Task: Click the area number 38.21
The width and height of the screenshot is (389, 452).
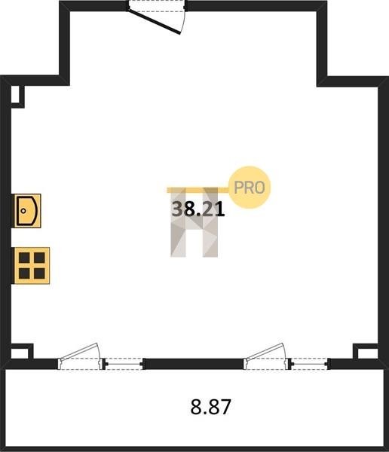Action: [x=198, y=209]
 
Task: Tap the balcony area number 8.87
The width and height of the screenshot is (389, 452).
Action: [x=210, y=407]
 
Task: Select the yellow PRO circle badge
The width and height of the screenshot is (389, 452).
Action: [x=250, y=188]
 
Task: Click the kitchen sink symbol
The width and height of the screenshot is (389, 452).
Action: [x=27, y=211]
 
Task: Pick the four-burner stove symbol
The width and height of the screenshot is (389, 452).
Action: [x=32, y=265]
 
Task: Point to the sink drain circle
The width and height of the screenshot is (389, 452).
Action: [x=23, y=211]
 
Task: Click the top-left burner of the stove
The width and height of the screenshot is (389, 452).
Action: [x=24, y=258]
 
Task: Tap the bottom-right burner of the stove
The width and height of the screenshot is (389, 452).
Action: [x=39, y=273]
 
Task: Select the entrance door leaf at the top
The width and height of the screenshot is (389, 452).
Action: [x=155, y=21]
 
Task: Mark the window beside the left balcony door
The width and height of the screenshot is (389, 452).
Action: [x=123, y=364]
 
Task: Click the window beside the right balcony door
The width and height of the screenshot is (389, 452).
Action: [x=310, y=364]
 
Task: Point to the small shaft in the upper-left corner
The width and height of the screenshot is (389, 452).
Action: [x=17, y=96]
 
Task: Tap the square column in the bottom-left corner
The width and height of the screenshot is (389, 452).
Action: [x=22, y=352]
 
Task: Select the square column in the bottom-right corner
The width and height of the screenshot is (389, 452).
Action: [x=366, y=352]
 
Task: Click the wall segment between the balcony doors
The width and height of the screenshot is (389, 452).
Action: [x=194, y=364]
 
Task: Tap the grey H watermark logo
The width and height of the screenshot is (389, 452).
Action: [x=194, y=222]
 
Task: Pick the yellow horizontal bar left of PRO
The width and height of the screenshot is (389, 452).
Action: [x=198, y=190]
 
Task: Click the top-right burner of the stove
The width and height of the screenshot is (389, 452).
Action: [x=39, y=258]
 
